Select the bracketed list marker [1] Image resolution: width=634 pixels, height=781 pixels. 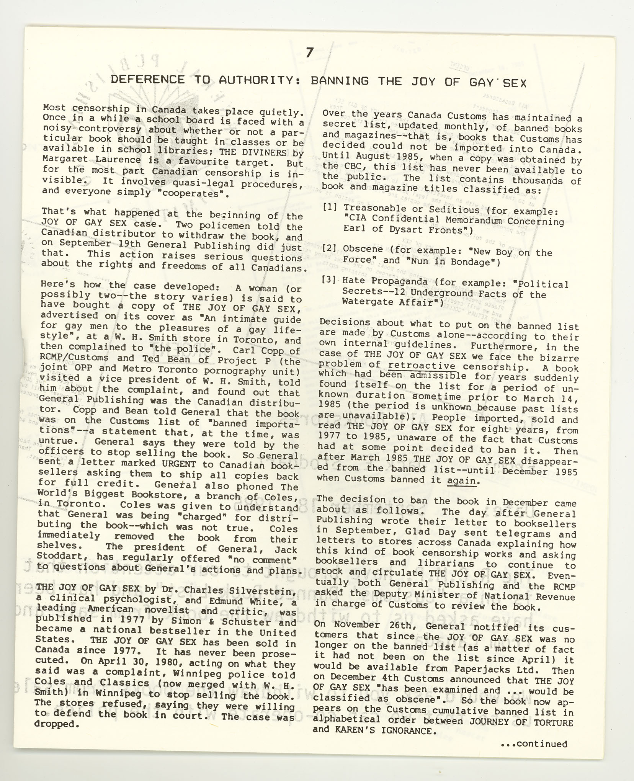(330, 208)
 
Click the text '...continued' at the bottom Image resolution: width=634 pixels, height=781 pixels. (534, 744)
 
